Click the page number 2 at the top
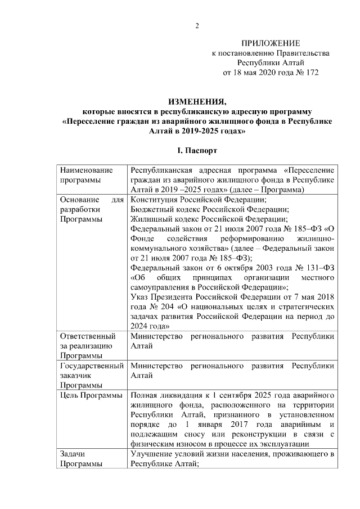click(x=197, y=25)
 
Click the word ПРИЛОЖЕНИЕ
click(x=271, y=43)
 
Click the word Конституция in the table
click(x=156, y=200)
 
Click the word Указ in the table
click(x=139, y=297)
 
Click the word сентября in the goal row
click(x=225, y=395)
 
